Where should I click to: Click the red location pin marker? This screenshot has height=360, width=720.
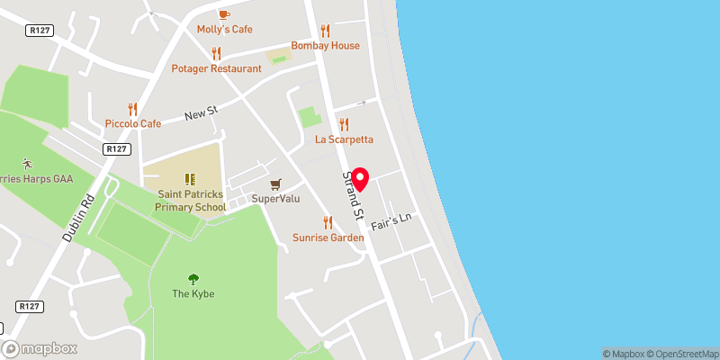[x=360, y=180]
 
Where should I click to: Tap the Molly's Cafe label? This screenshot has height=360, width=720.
[x=224, y=30]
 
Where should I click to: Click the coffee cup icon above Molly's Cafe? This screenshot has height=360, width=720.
[x=224, y=13]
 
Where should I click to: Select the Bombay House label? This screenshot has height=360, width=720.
[x=325, y=46]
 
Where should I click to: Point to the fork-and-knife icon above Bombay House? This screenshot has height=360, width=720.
[x=325, y=31]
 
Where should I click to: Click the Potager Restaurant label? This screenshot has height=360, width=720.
[x=217, y=68]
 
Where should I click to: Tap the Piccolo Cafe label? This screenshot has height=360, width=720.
[x=133, y=123]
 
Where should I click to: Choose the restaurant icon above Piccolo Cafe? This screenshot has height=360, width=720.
[x=133, y=108]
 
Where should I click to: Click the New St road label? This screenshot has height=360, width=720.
[x=201, y=114]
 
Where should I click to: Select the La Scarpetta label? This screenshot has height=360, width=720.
[x=344, y=139]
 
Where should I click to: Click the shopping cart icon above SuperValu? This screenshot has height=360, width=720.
[x=275, y=183]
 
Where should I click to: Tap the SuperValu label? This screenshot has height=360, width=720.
[x=275, y=198]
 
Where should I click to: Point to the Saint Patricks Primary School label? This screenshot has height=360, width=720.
[x=190, y=201]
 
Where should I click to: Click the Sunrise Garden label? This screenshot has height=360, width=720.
[x=328, y=238]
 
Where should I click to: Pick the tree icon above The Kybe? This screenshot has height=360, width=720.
[x=193, y=279]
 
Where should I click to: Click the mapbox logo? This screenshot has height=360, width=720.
[x=39, y=349]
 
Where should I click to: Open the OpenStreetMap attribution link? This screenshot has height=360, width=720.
[x=680, y=354]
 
